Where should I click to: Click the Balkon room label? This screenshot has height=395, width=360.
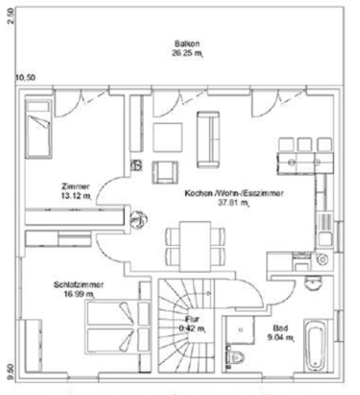(x=188, y=44)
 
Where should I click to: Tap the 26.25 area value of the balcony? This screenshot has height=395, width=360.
(x=187, y=54)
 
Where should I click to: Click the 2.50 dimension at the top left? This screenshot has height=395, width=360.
(x=10, y=17)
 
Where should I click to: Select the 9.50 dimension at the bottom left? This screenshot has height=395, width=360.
(x=10, y=367)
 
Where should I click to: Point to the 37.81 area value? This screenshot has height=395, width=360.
(x=233, y=203)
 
